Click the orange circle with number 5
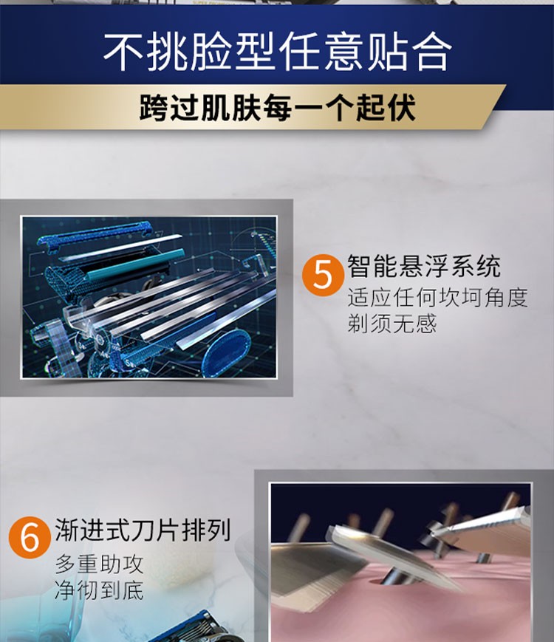point(323,275)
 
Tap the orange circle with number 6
point(30,537)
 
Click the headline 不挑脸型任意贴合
point(277,52)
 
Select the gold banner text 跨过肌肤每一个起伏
point(277,107)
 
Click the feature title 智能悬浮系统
point(424,267)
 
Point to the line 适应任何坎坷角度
point(437,298)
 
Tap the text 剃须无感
point(391,324)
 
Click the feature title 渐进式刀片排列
point(143,530)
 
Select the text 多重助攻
point(99,564)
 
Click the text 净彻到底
point(99,590)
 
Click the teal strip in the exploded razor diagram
point(135,265)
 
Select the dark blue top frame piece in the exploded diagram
point(94,234)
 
